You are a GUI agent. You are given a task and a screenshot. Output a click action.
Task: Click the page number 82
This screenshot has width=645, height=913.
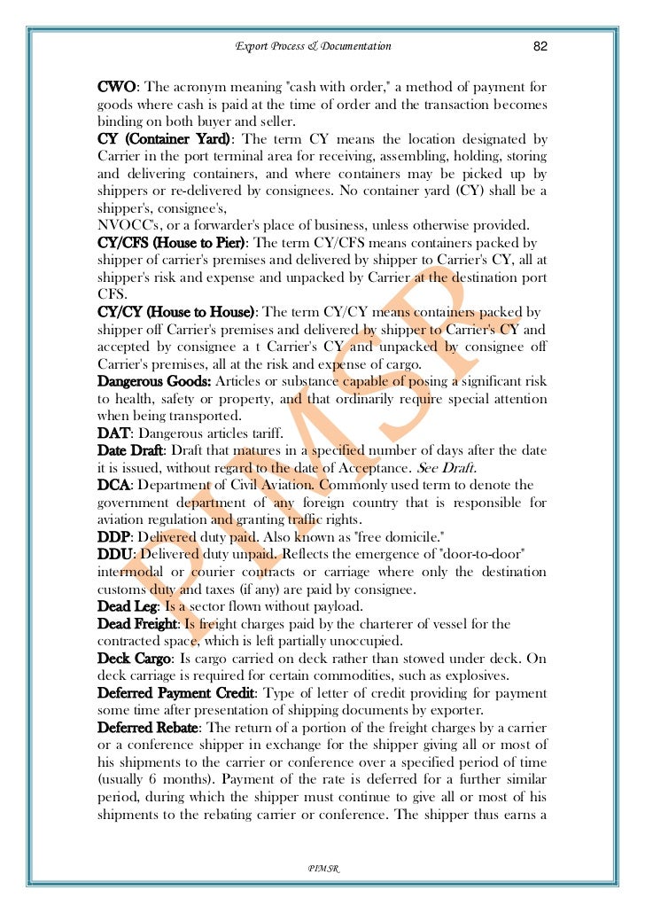click(540, 46)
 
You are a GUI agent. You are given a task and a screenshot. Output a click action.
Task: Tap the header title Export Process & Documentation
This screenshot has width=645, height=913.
click(313, 46)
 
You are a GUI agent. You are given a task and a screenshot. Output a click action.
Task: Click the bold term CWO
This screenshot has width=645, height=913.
click(116, 87)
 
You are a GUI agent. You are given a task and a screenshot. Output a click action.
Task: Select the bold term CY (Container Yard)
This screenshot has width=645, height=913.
click(166, 140)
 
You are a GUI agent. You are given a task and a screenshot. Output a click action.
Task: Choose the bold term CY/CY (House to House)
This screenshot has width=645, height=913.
click(176, 313)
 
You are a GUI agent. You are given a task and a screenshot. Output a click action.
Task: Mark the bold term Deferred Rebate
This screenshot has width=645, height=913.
click(145, 728)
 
